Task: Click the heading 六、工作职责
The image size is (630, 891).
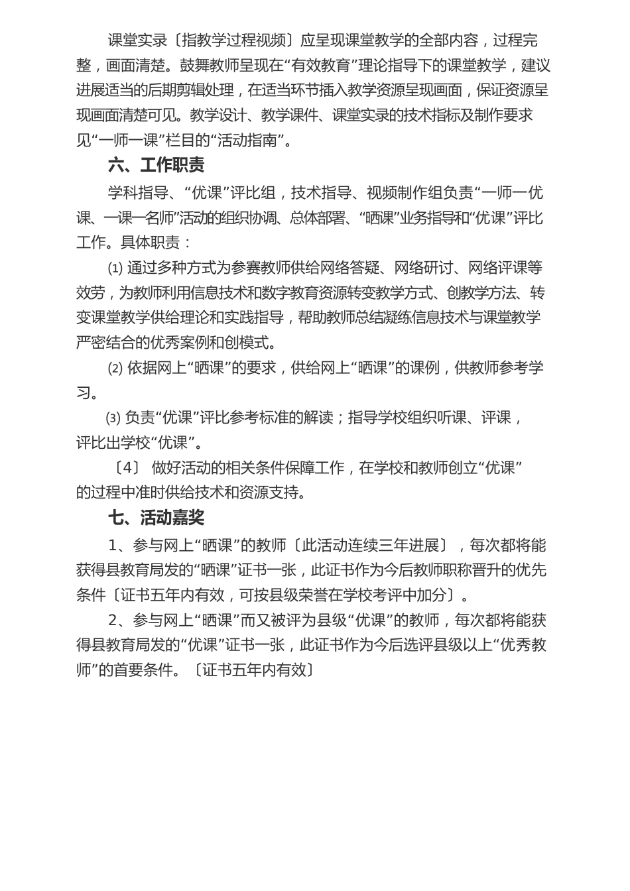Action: coord(156,165)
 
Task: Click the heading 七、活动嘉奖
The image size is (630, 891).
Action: coord(156,517)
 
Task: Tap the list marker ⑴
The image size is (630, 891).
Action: coord(115,268)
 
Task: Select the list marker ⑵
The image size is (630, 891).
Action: coord(115,368)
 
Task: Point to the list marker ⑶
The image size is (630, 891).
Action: coord(113,418)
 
